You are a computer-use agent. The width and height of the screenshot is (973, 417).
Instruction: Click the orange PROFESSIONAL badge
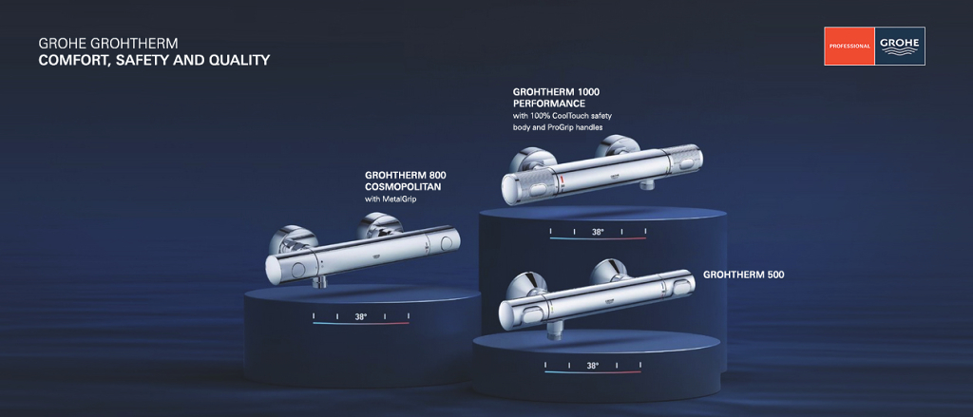tap(849, 46)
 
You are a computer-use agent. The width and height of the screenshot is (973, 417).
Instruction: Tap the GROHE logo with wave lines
tap(899, 46)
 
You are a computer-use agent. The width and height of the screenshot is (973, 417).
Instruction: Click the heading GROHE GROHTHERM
tap(108, 44)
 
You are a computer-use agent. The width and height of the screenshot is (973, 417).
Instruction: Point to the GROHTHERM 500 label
tap(743, 275)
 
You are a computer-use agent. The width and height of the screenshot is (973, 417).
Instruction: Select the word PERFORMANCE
tap(549, 103)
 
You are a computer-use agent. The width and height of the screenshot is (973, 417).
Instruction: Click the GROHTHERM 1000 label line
tap(556, 91)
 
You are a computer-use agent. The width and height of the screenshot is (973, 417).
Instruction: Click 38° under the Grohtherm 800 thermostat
tap(361, 316)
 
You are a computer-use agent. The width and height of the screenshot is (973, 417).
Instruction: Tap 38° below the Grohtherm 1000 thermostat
tap(598, 232)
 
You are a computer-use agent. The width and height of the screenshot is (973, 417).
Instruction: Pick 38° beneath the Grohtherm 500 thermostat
tap(593, 366)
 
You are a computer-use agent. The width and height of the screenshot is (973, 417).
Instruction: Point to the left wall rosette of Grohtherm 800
tap(289, 237)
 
